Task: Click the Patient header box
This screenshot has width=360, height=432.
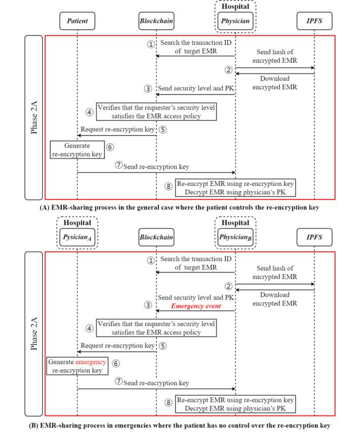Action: coord(77,21)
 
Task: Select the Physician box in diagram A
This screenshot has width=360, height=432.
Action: coord(236,21)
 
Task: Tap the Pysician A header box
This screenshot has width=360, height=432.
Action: coord(77,237)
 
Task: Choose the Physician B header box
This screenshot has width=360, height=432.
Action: coord(236,237)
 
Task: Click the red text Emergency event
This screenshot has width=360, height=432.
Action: coord(195,306)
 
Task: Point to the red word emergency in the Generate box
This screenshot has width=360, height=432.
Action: coord(91,362)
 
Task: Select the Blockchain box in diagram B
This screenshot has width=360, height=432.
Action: coord(156,237)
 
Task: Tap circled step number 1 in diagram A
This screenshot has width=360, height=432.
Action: coord(151,44)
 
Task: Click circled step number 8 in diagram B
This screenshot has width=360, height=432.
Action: coord(168,403)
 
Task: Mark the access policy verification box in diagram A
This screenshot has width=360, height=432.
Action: coord(156,111)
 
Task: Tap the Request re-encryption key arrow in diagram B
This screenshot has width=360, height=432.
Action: coord(117,351)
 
